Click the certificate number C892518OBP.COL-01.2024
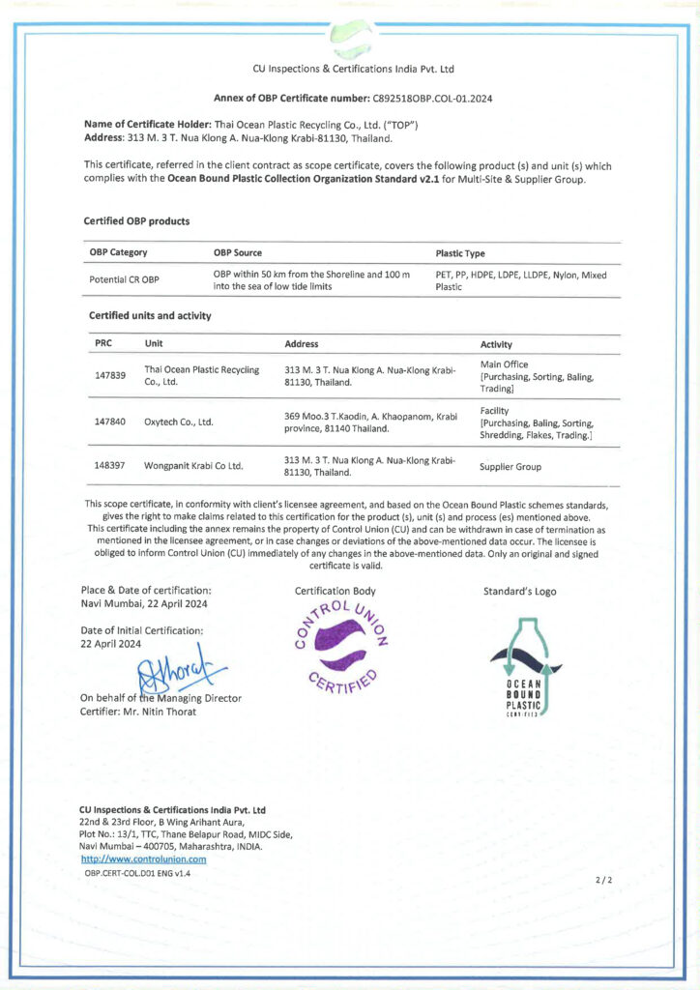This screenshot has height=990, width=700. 432,99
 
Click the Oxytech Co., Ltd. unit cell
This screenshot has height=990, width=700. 179,422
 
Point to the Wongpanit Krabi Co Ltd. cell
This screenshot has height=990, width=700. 193,466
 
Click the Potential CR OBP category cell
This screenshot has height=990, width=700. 124,280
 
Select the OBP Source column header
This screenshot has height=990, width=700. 238,253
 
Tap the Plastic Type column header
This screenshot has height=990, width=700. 460,253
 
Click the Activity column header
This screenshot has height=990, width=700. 496,344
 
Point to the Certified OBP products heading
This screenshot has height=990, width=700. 137,221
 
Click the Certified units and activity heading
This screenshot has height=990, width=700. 150,315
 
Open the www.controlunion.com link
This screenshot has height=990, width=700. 143,859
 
